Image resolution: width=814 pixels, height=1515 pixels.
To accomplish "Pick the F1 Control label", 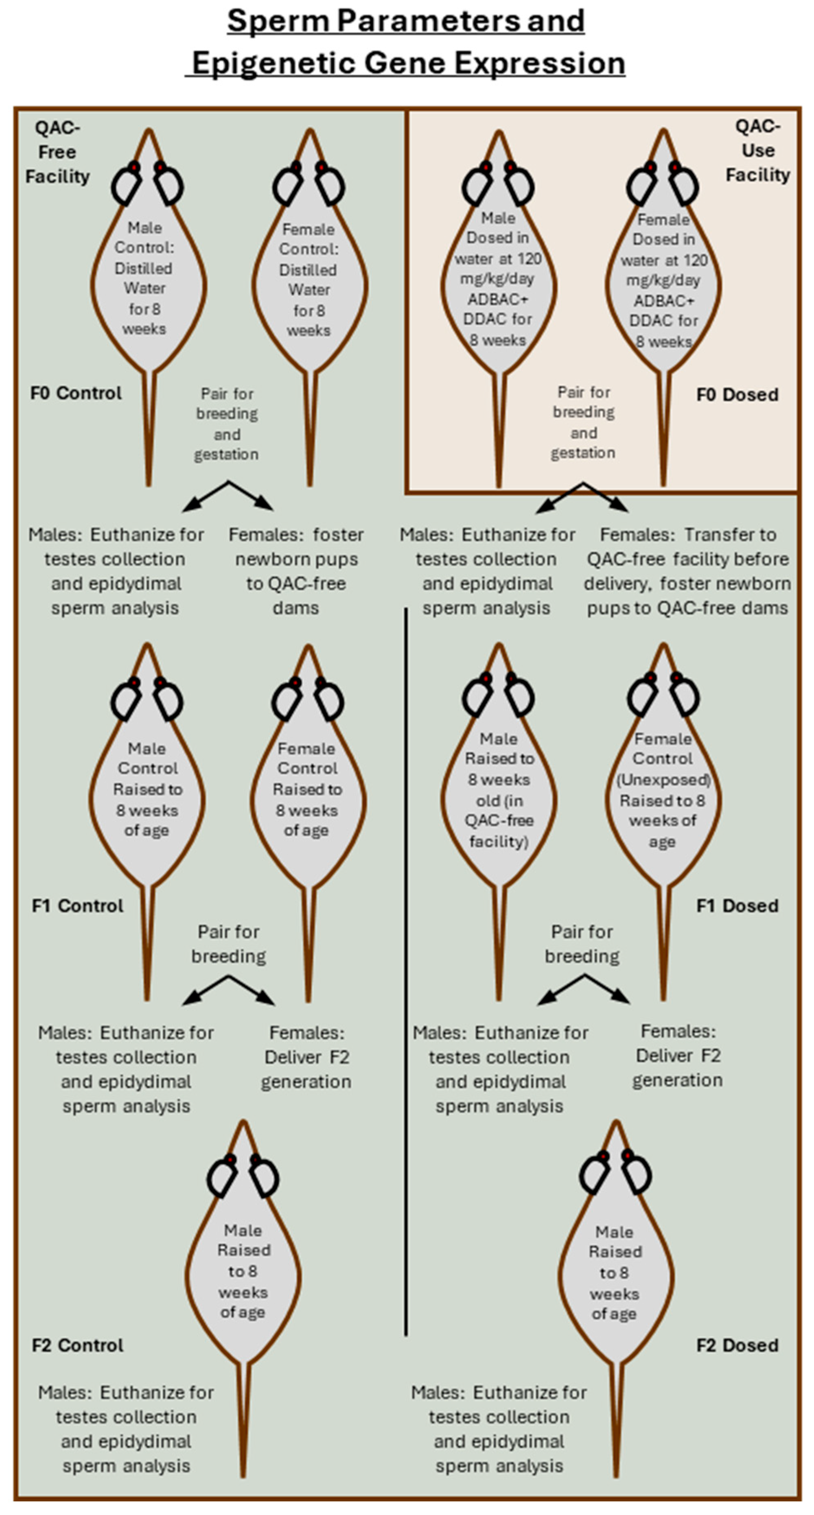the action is coord(78,906).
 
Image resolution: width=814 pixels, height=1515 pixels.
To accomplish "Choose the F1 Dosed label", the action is coord(737,906).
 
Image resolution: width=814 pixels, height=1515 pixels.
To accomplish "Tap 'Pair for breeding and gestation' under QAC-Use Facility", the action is coord(584,422).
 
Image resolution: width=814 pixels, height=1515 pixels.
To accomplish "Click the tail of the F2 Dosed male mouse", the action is coord(616,1423).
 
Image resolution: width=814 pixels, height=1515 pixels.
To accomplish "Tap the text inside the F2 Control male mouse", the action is coord(243,1271).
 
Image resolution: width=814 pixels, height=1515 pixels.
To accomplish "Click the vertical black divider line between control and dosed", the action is coord(405,972).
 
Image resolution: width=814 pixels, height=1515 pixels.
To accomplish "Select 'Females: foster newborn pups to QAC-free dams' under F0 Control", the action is coord(296,571).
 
